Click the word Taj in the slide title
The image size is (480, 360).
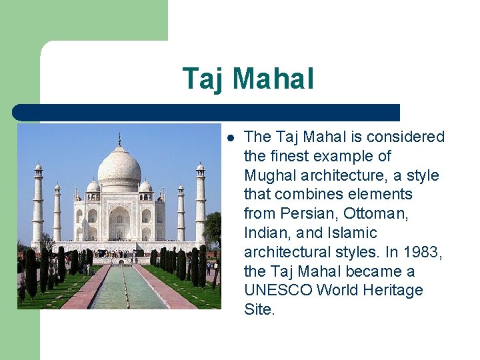coord(203,79)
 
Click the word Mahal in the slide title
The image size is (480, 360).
coord(273,79)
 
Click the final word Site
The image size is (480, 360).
coord(259,310)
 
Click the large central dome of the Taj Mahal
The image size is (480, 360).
coord(119,167)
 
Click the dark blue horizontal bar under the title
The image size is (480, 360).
coord(207,113)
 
